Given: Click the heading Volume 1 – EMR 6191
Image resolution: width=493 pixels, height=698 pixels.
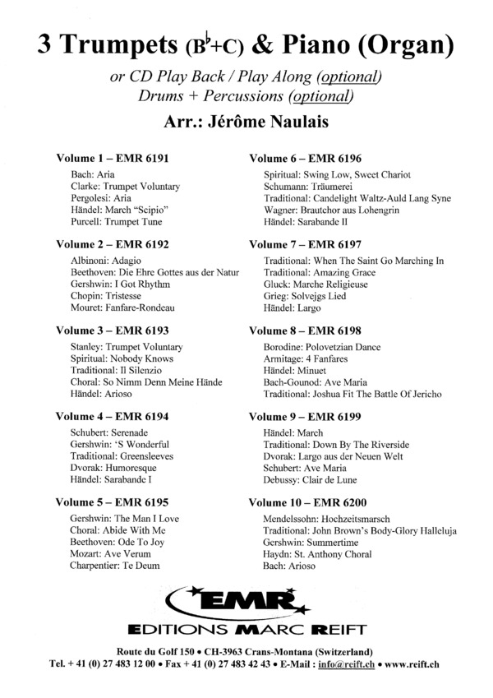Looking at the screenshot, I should [112, 158].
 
